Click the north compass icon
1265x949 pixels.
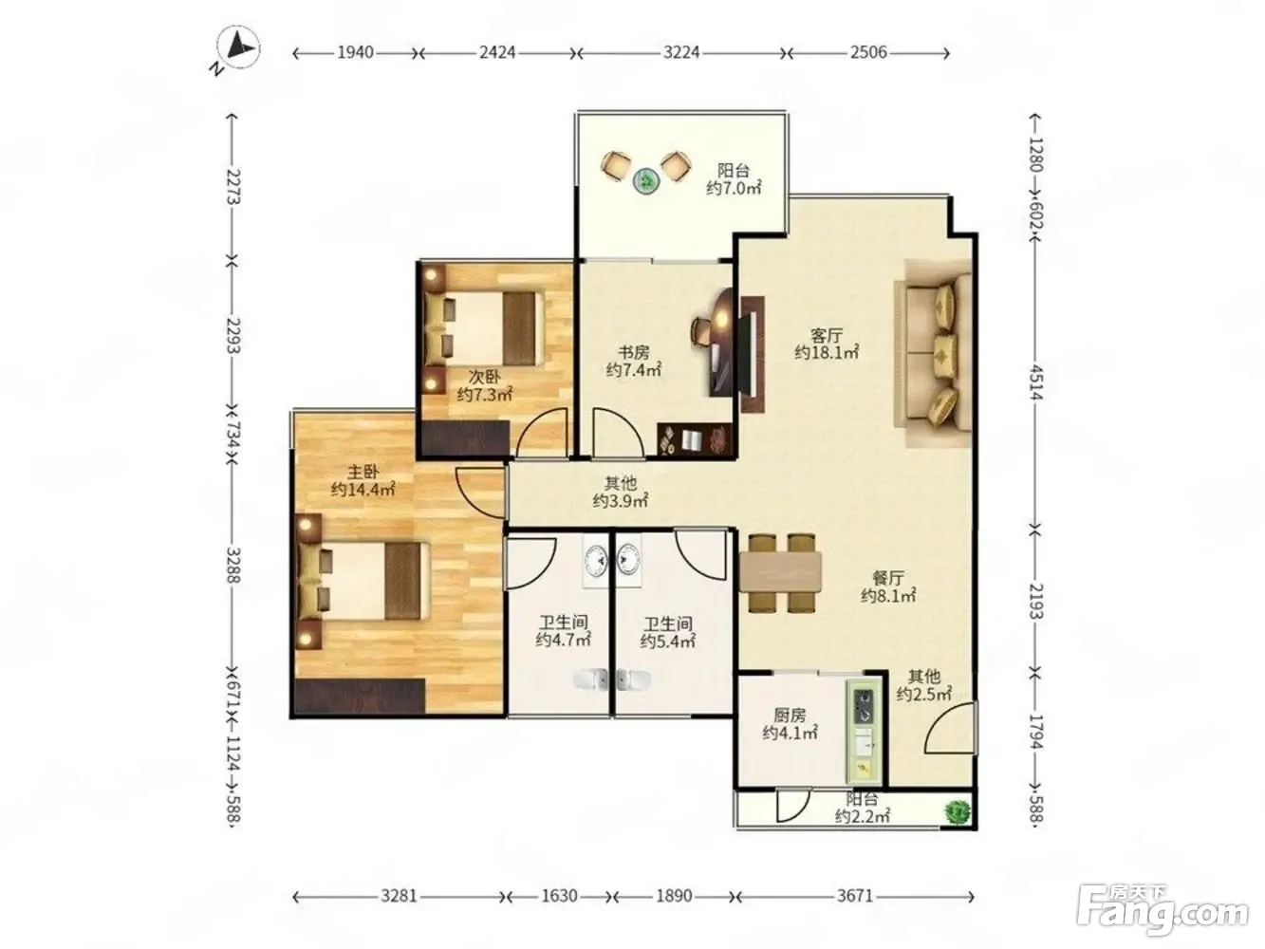(x=238, y=48)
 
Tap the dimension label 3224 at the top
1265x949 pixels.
(x=680, y=53)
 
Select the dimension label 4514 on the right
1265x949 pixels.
(x=1036, y=381)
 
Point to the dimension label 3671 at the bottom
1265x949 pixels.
(x=855, y=896)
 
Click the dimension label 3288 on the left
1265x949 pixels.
(x=233, y=566)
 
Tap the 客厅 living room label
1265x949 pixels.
(x=826, y=335)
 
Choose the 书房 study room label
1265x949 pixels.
(x=633, y=351)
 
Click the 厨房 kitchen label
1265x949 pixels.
(x=789, y=715)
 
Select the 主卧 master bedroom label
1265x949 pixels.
(x=363, y=472)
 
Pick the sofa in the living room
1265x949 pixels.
(x=934, y=353)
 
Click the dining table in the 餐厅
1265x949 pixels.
(x=780, y=572)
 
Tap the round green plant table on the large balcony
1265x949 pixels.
(x=646, y=182)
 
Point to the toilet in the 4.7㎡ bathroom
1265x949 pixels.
(x=590, y=679)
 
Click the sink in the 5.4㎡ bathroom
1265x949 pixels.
(x=628, y=559)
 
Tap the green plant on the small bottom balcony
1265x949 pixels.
(x=957, y=812)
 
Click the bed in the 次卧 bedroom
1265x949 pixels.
(x=484, y=329)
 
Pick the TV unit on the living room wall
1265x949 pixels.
(x=753, y=354)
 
